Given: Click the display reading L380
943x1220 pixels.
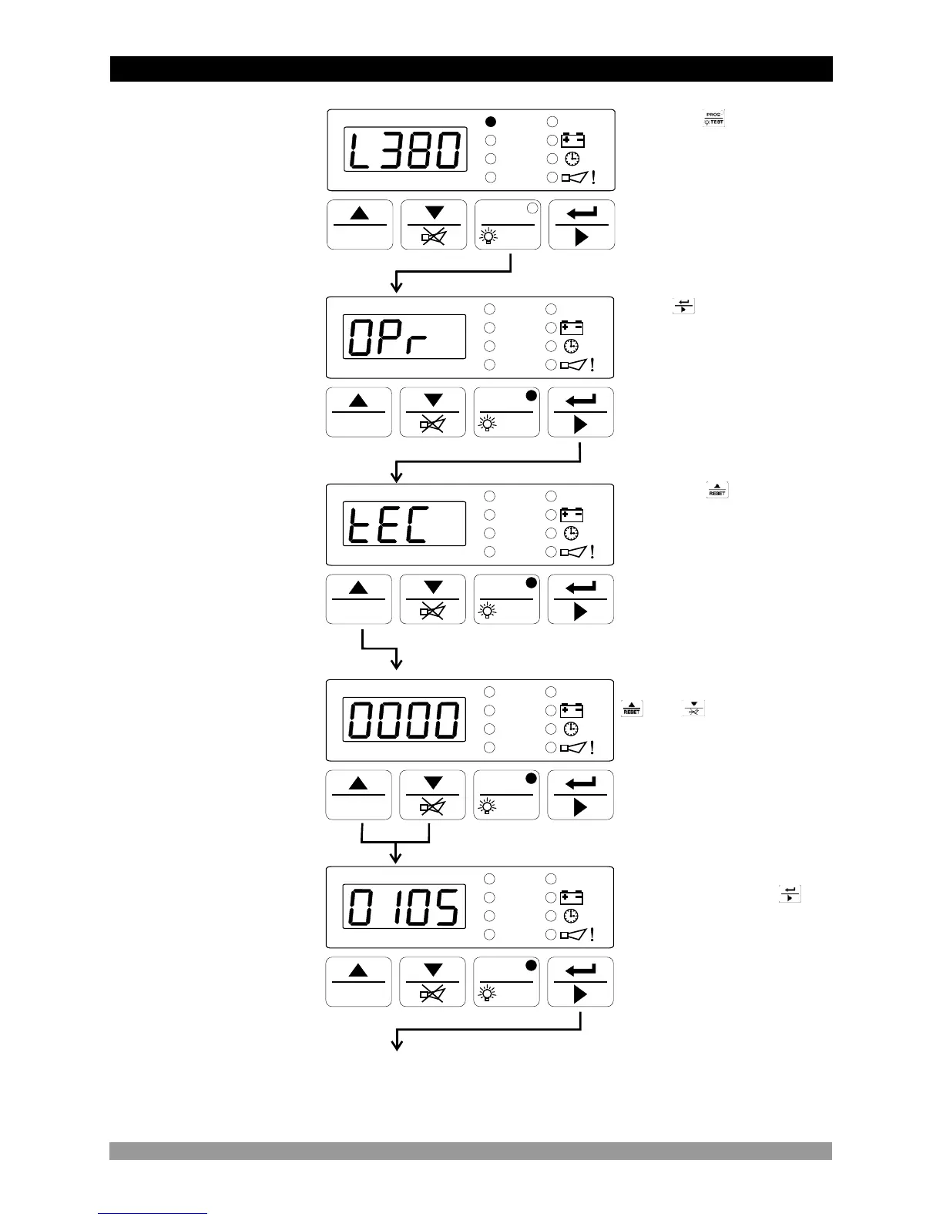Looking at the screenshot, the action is (405, 150).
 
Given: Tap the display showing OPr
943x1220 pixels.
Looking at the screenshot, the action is (404, 337).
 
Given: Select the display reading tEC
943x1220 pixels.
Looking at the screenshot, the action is (404, 524).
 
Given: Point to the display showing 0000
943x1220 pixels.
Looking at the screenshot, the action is (404, 720).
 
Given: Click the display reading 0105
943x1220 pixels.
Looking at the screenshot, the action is (404, 907).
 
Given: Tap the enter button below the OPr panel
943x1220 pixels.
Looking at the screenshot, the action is (581, 412).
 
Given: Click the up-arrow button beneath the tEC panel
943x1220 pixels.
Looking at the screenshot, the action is (358, 599).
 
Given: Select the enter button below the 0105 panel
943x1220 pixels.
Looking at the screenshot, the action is (581, 981).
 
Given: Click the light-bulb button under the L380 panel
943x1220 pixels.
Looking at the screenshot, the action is (507, 225).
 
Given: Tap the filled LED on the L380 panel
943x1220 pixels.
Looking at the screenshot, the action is (491, 122).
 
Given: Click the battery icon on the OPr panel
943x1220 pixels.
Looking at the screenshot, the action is (572, 327).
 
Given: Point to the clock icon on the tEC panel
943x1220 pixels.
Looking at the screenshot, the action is (572, 533).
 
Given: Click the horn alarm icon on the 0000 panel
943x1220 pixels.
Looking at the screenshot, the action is (577, 748).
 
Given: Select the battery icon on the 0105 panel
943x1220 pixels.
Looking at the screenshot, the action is (572, 897).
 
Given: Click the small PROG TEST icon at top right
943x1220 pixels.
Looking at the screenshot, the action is (714, 119).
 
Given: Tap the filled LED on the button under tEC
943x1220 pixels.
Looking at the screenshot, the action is (530, 583).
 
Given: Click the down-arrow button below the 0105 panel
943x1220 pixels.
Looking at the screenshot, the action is (433, 981).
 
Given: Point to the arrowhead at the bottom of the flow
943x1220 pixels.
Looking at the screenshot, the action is (397, 1045).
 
